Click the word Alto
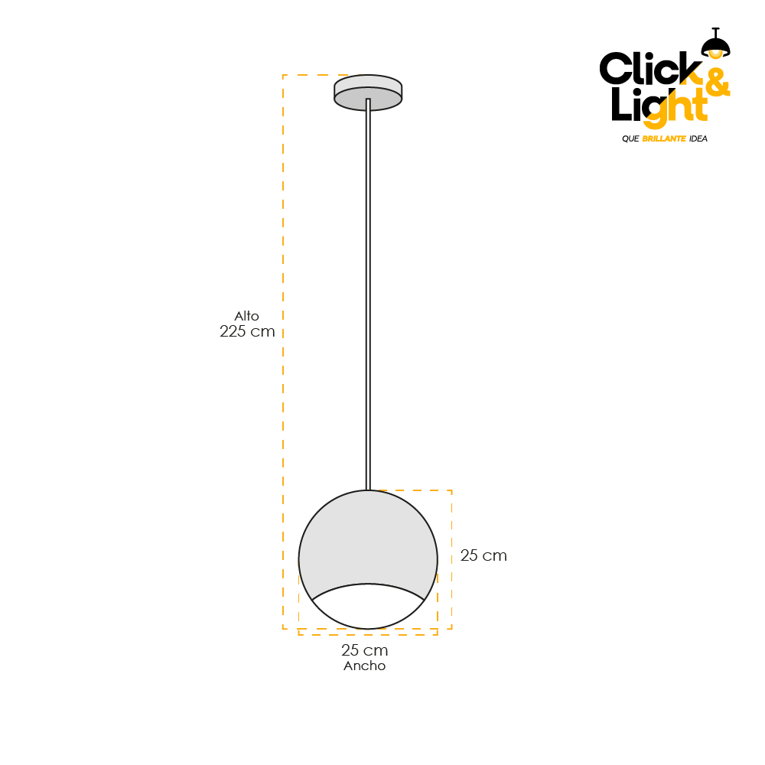(246, 316)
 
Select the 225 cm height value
(246, 332)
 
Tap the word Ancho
(364, 666)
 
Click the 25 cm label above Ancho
(364, 651)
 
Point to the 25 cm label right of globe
(483, 556)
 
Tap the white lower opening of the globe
(368, 608)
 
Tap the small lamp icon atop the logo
(715, 44)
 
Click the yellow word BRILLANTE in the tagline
(664, 139)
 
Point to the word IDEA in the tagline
(698, 139)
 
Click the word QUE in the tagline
(630, 139)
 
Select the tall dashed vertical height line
(283, 382)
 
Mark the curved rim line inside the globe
(368, 584)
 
